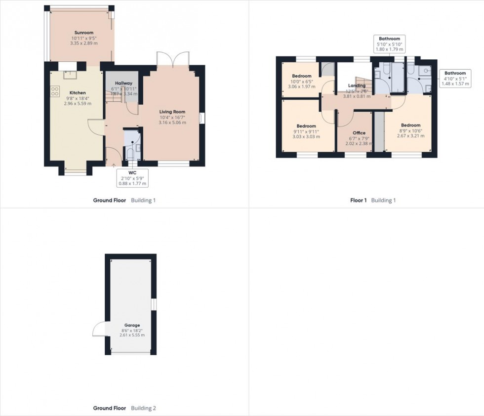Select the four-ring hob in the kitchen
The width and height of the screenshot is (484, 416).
(55, 91)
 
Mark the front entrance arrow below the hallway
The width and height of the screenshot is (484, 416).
(114, 166)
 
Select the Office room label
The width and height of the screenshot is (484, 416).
(359, 133)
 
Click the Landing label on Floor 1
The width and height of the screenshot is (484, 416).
(357, 85)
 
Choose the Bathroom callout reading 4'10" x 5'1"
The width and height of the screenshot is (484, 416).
(454, 78)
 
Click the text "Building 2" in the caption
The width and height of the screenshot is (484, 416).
(143, 409)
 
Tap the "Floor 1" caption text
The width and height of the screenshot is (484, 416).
(359, 201)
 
